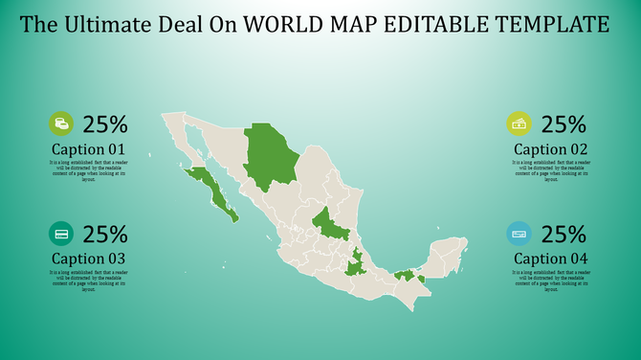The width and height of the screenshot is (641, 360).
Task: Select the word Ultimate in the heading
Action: coord(103,23)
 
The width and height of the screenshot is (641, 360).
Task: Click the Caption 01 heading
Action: coord(89,149)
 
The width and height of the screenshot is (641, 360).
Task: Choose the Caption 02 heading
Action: coord(550,149)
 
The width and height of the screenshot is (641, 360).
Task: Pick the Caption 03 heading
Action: coord(89,259)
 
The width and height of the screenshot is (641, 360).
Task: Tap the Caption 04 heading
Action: coord(550,259)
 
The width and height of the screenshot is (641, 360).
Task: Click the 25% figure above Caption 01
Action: coord(105,124)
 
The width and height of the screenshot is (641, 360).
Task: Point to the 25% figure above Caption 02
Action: coord(564,124)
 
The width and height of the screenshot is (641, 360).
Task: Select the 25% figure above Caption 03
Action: coord(105,234)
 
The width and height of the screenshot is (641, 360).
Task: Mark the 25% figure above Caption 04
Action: coord(564,234)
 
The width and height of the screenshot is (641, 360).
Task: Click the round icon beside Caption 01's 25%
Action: coord(61,124)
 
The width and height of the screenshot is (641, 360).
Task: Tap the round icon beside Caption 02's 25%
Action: coord(519,124)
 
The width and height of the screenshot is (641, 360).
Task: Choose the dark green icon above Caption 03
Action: coord(61,234)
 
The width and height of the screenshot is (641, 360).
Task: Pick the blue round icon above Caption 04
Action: coord(519,234)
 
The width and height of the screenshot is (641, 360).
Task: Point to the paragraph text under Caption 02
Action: coord(550,170)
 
